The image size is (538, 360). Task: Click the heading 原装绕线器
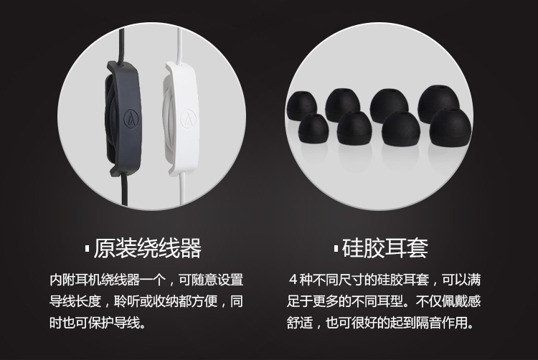pos(148,248)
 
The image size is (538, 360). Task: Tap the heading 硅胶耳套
pos(385,248)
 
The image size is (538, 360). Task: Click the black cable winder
pos(123,118)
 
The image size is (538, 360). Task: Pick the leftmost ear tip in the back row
pos(301,105)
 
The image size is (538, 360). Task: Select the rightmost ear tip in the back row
pos(438,102)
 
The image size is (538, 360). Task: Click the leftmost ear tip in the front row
pos(313,128)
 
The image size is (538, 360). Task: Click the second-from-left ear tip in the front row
pos(354,127)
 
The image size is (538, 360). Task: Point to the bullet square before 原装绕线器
pos(87,249)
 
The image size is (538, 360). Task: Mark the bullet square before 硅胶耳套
pos(336,249)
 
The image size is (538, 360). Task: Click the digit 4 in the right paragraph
pos(293,280)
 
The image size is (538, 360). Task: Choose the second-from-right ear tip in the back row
pos(389,104)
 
